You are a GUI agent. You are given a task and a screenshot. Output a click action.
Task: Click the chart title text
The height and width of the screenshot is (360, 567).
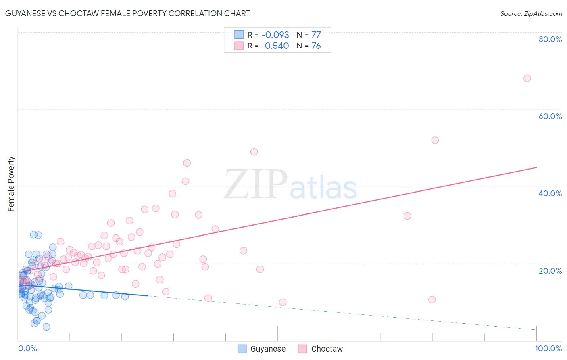click(x=127, y=13)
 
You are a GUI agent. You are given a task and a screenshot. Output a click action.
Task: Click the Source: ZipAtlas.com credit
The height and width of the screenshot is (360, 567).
click(x=531, y=13)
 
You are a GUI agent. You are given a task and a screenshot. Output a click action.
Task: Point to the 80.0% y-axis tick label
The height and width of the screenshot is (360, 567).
click(x=550, y=39)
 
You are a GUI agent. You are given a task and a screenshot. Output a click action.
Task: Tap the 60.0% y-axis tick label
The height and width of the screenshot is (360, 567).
click(x=550, y=116)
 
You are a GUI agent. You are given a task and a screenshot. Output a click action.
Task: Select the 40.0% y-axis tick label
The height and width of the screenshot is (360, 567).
click(x=550, y=193)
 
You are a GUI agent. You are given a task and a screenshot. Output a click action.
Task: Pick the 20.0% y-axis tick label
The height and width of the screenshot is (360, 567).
click(x=550, y=270)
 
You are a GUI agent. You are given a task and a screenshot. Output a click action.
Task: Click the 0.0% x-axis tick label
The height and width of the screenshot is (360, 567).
click(x=27, y=348)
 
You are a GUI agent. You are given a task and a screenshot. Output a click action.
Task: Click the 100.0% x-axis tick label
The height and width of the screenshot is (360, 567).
click(x=548, y=348)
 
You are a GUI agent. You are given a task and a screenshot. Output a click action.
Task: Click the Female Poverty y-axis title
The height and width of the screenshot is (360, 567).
click(x=11, y=184)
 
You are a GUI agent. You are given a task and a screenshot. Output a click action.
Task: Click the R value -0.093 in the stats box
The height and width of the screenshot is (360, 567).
click(x=275, y=35)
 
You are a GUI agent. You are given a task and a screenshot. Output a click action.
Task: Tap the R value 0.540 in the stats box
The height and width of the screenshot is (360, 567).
click(x=277, y=46)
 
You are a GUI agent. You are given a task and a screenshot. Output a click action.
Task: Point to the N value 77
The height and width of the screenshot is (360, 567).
click(x=316, y=35)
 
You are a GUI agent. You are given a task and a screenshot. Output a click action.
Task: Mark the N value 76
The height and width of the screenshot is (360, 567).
click(x=316, y=46)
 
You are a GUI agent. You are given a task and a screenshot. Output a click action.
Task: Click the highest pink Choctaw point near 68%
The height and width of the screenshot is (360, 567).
click(x=527, y=78)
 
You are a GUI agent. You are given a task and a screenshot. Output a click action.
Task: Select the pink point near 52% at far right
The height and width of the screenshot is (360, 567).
click(x=435, y=140)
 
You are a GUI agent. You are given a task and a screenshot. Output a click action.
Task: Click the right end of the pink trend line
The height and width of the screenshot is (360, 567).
click(x=536, y=167)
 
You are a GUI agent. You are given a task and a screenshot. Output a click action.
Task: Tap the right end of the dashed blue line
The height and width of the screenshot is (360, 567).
click(x=536, y=330)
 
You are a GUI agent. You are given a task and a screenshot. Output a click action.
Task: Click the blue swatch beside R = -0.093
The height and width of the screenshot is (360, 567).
click(x=239, y=35)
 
